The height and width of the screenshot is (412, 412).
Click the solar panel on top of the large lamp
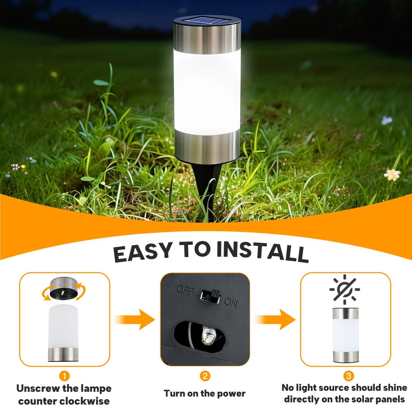coord(206,21)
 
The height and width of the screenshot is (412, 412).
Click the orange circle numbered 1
coord(64,376)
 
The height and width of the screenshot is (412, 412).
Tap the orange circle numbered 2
coord(205,376)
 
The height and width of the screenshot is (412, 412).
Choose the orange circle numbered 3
coord(349,376)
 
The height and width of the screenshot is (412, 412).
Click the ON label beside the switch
coord(231,303)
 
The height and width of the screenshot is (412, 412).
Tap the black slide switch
coord(210,296)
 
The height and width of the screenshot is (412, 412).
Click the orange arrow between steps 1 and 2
coord(135,319)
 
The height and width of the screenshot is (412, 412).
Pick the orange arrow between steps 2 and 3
coord(274,319)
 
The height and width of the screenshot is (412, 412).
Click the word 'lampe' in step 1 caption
coord(96,389)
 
